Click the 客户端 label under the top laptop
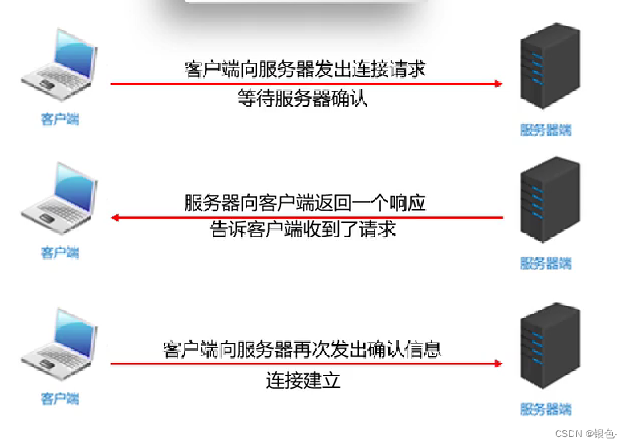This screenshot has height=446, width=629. (60, 120)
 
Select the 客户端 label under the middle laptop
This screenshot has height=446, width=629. (60, 253)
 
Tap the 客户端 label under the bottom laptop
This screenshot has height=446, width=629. (60, 399)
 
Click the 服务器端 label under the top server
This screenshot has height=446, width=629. (546, 130)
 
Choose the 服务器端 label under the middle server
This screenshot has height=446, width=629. (546, 262)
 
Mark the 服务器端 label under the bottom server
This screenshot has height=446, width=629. (546, 410)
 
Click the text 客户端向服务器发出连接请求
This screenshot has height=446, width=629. (304, 69)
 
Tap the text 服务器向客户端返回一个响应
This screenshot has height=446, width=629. (304, 202)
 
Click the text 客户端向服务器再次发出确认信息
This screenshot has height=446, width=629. (302, 350)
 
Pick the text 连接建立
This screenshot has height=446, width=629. (303, 379)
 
